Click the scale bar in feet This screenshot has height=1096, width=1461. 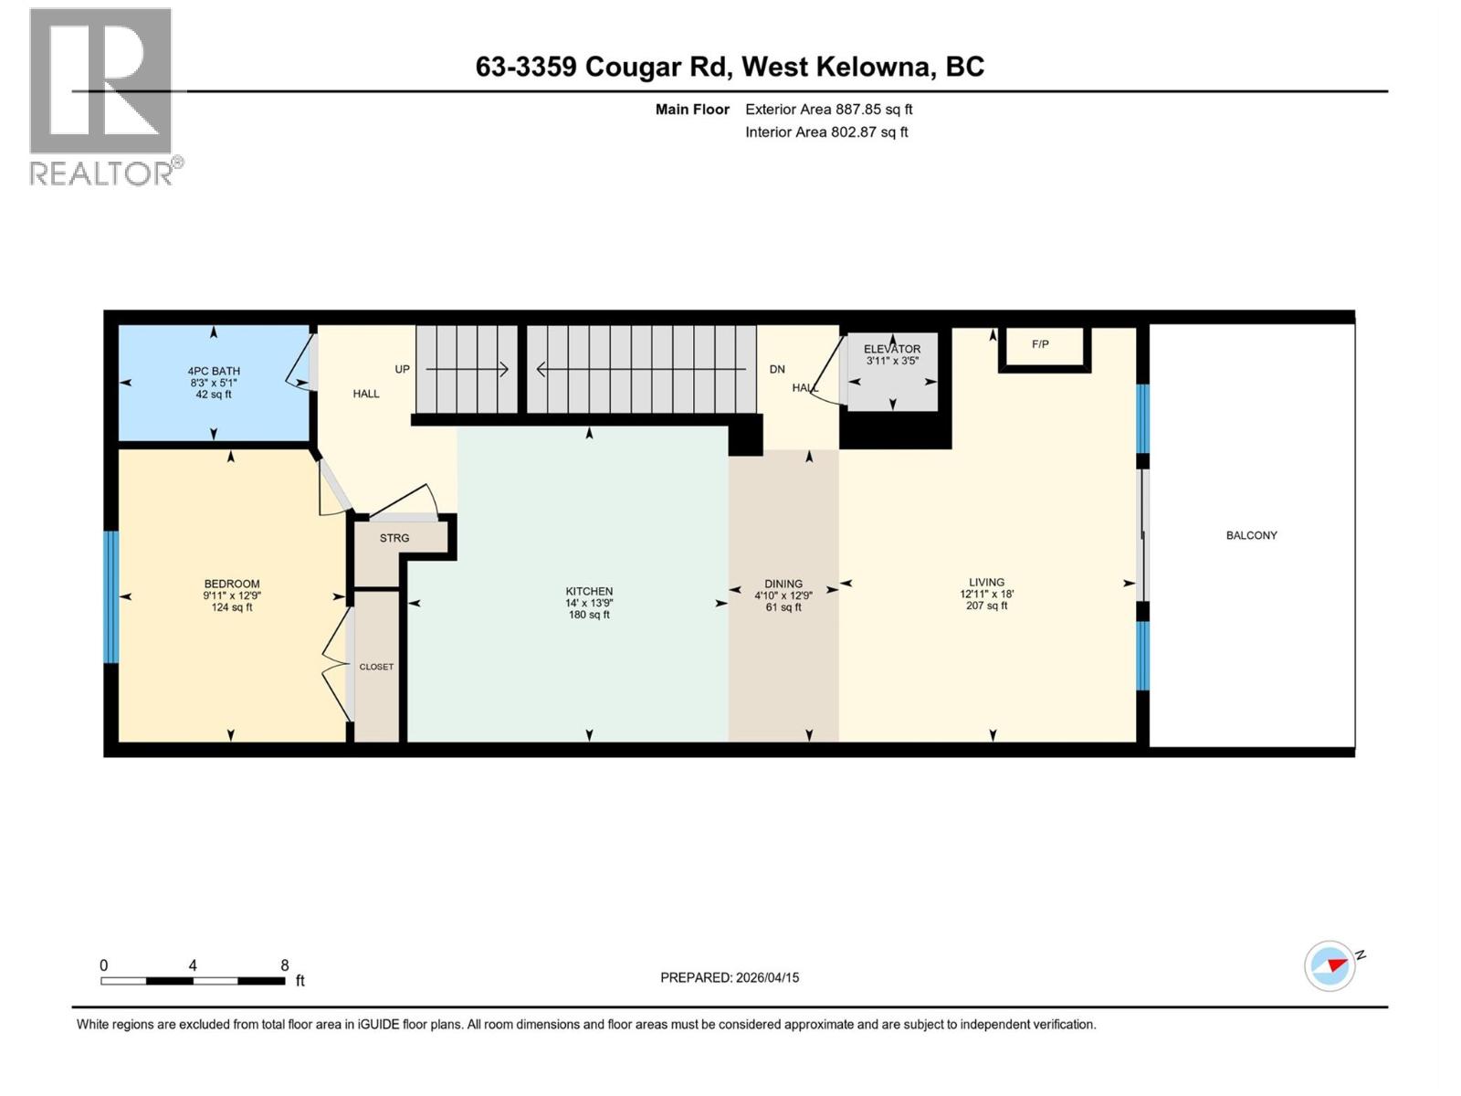(x=193, y=981)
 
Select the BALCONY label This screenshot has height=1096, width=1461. (x=1251, y=535)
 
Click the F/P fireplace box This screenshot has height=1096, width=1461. (x=1044, y=347)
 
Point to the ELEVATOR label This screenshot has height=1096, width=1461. (x=892, y=349)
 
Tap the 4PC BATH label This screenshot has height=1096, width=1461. (x=214, y=372)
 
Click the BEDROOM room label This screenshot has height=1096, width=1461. (x=232, y=584)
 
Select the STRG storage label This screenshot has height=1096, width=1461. (x=394, y=538)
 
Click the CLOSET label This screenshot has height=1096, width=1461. (x=376, y=667)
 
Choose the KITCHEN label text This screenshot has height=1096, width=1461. (x=589, y=591)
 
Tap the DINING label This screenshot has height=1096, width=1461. (x=783, y=584)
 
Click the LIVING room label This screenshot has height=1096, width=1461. (x=986, y=582)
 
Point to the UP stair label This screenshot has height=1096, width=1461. (x=402, y=369)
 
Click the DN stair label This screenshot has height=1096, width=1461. (x=777, y=369)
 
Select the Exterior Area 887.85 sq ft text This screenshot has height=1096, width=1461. (x=828, y=109)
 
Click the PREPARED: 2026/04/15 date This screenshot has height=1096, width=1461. (x=730, y=977)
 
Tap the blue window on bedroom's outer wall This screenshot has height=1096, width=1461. (x=111, y=596)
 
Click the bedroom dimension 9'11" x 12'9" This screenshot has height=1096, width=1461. (x=232, y=595)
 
